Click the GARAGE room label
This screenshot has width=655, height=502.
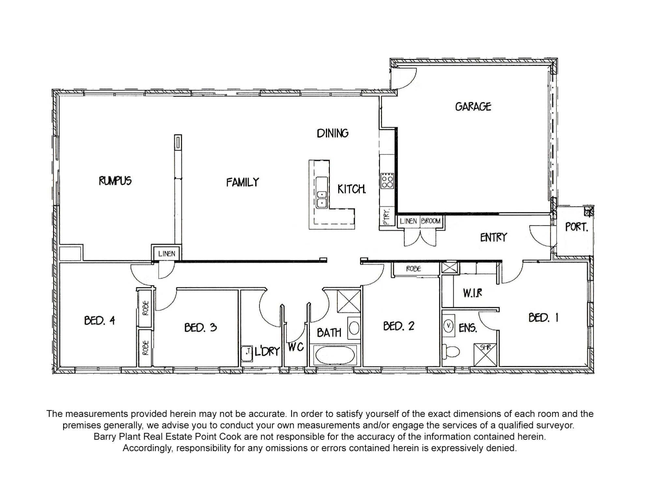pyautogui.click(x=473, y=107)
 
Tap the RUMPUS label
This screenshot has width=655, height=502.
pyautogui.click(x=115, y=181)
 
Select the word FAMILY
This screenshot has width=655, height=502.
pyautogui.click(x=242, y=182)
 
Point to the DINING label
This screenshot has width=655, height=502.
pyautogui.click(x=332, y=133)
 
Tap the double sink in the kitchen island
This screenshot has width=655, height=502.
pyautogui.click(x=322, y=199)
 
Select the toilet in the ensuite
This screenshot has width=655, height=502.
pyautogui.click(x=452, y=351)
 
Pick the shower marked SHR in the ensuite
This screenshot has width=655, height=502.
pyautogui.click(x=485, y=354)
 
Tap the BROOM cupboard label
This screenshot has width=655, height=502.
pyautogui.click(x=430, y=221)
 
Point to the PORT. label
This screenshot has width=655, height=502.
pyautogui.click(x=576, y=227)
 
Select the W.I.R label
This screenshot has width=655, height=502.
pyautogui.click(x=472, y=293)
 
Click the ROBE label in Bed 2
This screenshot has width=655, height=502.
pyautogui.click(x=413, y=269)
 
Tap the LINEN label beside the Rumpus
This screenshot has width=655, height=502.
pyautogui.click(x=167, y=254)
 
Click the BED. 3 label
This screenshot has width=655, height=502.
pyautogui.click(x=200, y=327)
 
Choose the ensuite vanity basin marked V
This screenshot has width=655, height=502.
pyautogui.click(x=449, y=326)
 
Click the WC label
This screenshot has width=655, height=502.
pyautogui.click(x=296, y=347)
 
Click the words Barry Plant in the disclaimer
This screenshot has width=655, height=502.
pyautogui.click(x=118, y=437)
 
